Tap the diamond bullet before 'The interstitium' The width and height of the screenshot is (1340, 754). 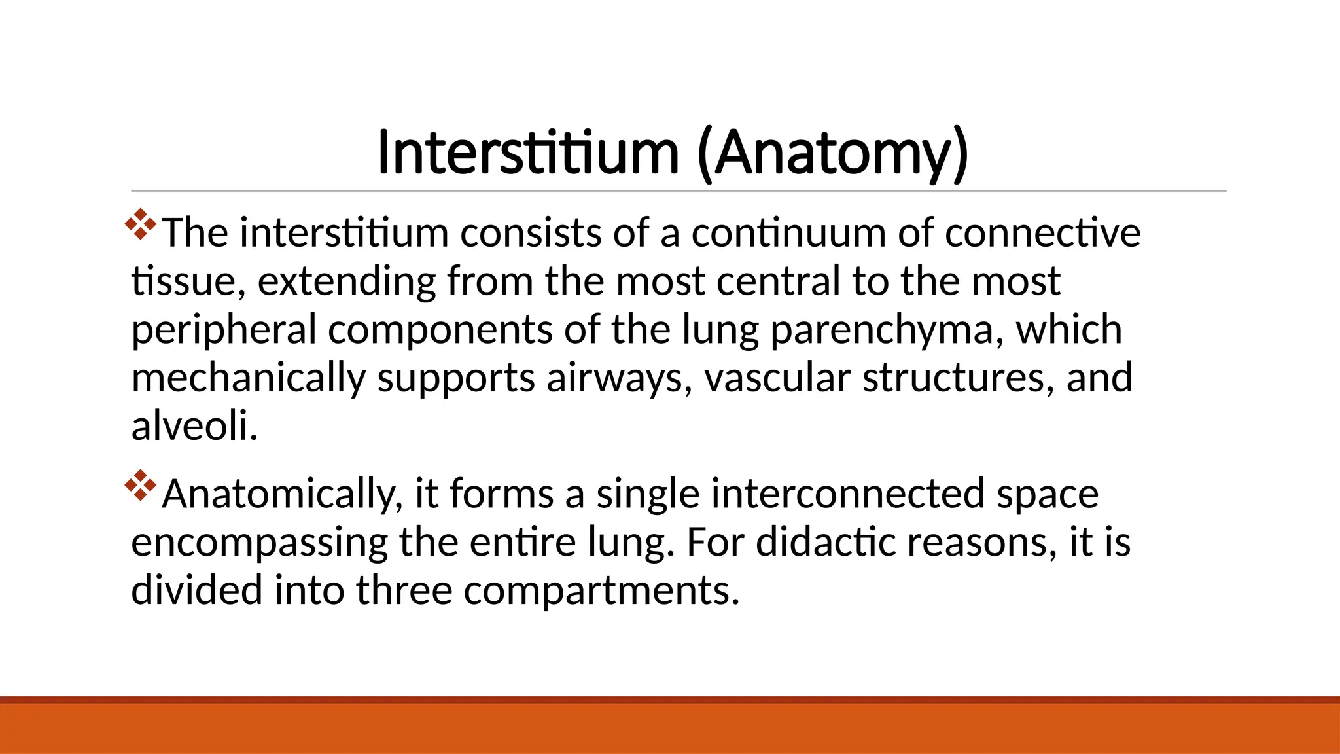pos(141,224)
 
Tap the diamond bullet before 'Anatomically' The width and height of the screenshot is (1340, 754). pos(141,486)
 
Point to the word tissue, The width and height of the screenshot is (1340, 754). pos(188,281)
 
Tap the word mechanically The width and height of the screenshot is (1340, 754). pos(248,378)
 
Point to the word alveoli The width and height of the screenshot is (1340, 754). pos(194,426)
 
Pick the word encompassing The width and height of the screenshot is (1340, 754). pos(260,543)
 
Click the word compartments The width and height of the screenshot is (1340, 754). pos(601,590)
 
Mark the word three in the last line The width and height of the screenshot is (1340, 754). pos(404,590)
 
